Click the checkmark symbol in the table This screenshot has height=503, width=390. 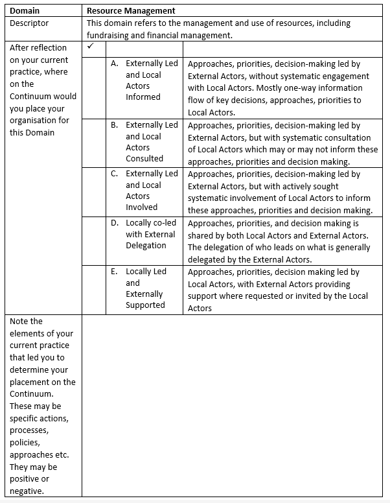pos(91,47)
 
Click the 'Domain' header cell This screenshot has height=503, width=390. pos(25,11)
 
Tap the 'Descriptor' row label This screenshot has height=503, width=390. pos(29,23)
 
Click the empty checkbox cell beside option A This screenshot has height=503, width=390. pos(96,88)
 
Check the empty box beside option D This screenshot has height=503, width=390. pos(96,240)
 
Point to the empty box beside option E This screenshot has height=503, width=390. pos(96,289)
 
